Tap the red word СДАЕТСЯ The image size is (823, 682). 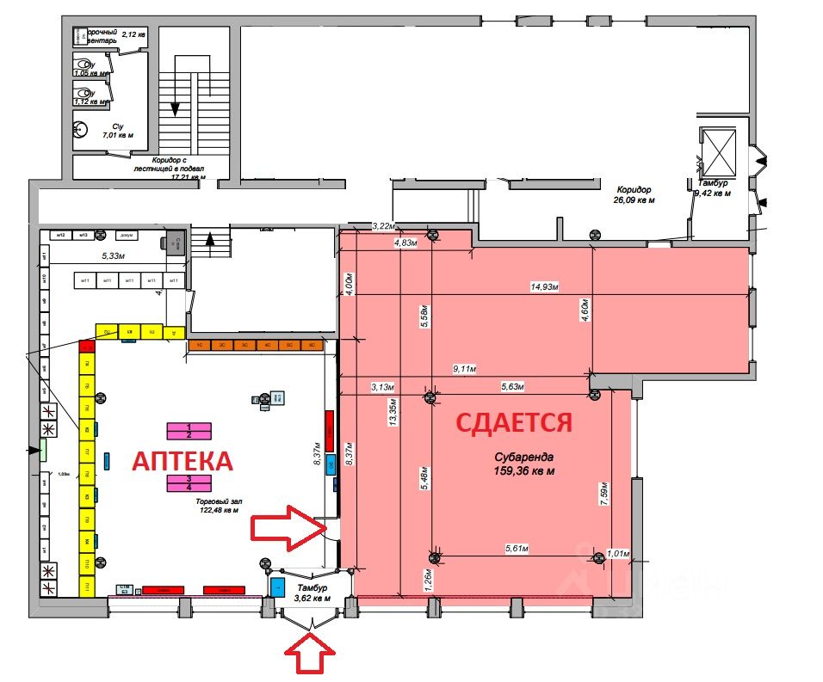tap(513, 422)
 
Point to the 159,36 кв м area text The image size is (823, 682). tap(523, 470)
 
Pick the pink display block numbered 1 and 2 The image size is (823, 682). tap(189, 431)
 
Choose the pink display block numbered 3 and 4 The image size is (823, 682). tap(189, 482)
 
